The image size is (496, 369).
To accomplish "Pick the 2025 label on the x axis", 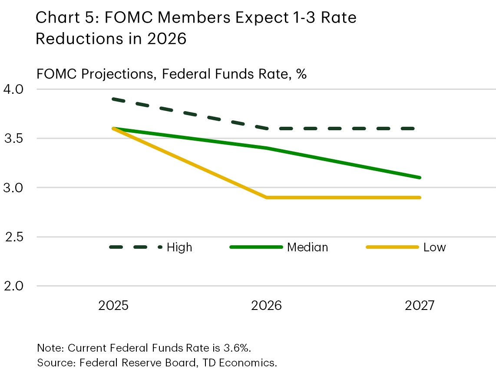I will pos(113,306).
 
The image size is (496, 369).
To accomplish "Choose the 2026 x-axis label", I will pos(266,306).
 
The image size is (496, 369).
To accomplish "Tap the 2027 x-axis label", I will pos(420,306).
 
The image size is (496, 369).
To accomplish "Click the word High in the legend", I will pos(179,247).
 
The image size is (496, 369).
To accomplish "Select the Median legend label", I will pos(308,247).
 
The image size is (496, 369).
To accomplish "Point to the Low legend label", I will pos(434,247).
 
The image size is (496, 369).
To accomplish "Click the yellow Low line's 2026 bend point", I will pos(266,198).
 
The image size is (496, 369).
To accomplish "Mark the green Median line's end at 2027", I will pos(420,178).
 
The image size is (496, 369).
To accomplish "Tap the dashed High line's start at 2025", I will pos(113,99).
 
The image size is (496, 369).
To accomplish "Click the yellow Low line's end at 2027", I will pos(420,198).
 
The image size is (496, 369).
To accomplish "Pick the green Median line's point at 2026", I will pos(266,148).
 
